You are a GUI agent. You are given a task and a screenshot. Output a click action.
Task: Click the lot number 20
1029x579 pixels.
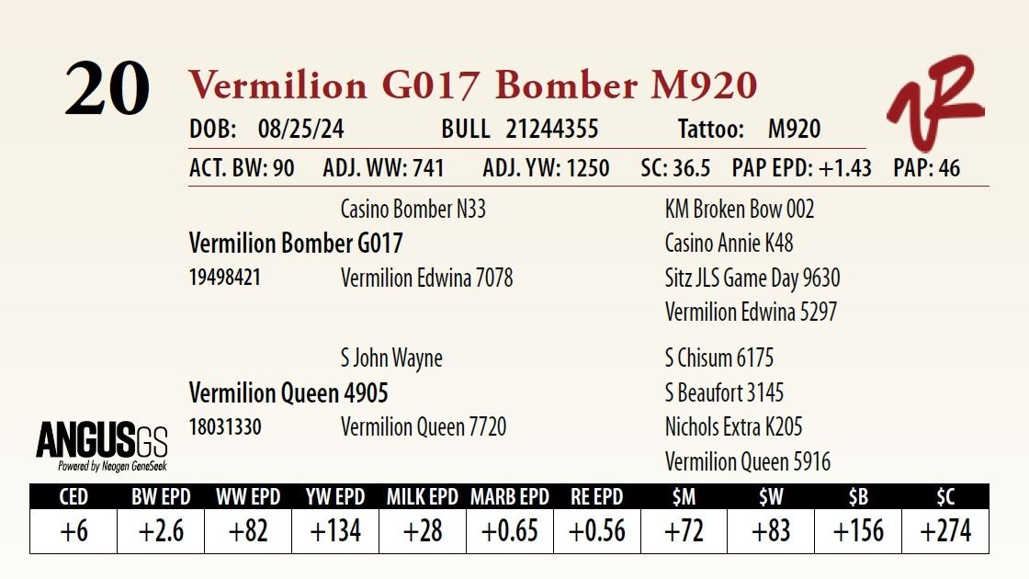click(x=107, y=90)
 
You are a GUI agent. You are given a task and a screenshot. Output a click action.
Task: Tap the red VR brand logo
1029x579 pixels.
click(x=933, y=103)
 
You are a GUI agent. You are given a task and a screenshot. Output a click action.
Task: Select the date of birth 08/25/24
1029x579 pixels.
click(x=301, y=130)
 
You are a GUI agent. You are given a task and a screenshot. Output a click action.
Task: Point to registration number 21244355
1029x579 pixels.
click(x=551, y=130)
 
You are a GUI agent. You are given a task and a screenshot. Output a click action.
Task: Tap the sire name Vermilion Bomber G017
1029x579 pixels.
click(x=296, y=244)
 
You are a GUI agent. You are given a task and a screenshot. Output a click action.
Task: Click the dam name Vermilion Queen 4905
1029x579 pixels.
click(x=288, y=393)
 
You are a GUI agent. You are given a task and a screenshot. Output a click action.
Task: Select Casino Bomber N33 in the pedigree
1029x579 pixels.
click(x=413, y=210)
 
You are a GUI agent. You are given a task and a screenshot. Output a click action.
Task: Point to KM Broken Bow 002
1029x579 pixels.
click(x=740, y=210)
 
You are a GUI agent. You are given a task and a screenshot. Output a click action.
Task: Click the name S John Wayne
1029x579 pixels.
click(x=391, y=358)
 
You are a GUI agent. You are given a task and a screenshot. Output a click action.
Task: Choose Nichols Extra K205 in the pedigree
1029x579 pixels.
click(x=733, y=427)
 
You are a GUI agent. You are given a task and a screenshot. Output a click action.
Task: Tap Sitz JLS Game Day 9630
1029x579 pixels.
click(x=752, y=278)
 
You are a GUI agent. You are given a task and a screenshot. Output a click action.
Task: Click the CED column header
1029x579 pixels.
click(x=73, y=497)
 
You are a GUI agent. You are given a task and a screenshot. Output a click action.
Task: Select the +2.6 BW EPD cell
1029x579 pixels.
click(x=161, y=531)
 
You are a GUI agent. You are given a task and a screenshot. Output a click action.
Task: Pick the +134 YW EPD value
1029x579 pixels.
click(x=335, y=531)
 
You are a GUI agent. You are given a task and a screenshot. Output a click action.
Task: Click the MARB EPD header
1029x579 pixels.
click(x=510, y=497)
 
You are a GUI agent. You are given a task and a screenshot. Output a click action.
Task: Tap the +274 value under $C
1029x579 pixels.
click(x=945, y=531)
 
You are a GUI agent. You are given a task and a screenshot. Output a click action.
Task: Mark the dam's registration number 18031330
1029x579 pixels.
click(x=225, y=427)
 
